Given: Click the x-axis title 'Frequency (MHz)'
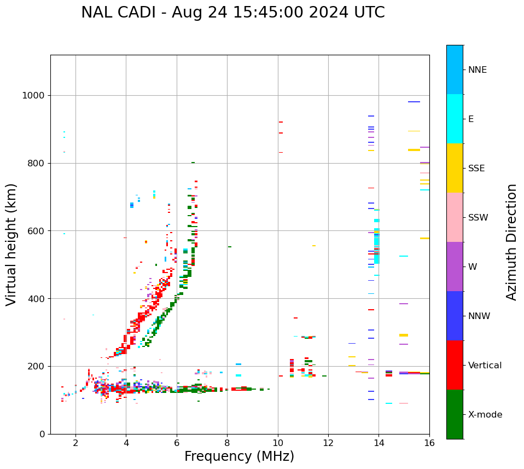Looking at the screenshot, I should [239, 456].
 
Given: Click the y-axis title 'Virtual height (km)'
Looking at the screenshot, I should [11, 245].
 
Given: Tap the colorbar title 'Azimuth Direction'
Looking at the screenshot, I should [511, 242].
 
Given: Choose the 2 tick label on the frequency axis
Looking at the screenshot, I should [75, 443].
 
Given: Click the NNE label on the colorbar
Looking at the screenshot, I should [477, 70].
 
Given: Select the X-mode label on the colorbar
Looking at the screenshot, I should [485, 415].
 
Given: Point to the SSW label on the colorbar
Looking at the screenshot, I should [478, 218].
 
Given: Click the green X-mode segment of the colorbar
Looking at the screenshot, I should [455, 414].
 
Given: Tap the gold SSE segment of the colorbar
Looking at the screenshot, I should [455, 168].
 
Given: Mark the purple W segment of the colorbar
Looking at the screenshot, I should [455, 267].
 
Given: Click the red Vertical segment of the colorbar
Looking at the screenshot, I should [455, 365].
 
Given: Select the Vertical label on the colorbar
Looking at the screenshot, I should [485, 366].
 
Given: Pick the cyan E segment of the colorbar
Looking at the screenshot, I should [455, 119].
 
